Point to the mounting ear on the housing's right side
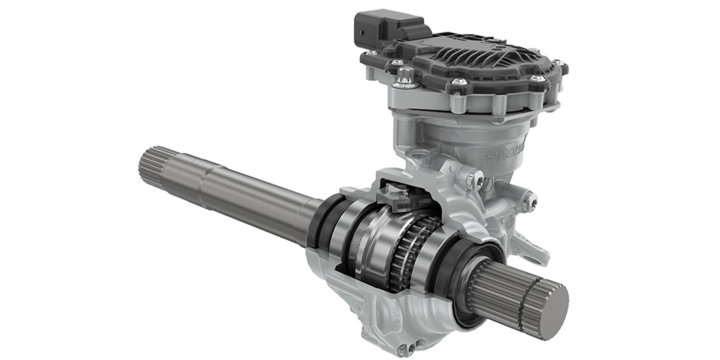tap(535, 247)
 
